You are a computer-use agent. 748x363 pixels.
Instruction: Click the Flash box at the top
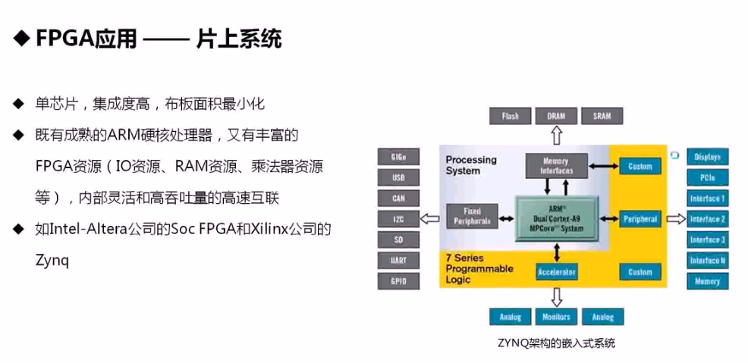pos(511,116)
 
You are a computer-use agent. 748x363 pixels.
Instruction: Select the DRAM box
pos(555,116)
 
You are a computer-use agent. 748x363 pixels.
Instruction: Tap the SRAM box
pos(602,116)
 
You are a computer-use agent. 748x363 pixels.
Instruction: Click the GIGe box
pos(398,158)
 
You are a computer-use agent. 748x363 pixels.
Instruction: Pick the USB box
pos(398,178)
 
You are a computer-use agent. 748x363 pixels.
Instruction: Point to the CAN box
pos(398,199)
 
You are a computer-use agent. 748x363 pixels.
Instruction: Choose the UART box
pos(398,260)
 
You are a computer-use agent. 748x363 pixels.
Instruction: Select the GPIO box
pos(398,280)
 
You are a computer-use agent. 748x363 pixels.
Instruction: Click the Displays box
pos(708,158)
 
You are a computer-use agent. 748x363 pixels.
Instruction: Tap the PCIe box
pos(708,178)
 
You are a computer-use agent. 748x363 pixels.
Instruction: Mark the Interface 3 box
pos(708,240)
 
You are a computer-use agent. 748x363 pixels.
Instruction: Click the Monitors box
pos(557,317)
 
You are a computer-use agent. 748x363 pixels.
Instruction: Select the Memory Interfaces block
pos(556,166)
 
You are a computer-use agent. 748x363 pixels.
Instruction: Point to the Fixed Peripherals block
pos(471,216)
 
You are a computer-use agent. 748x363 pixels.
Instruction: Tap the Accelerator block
pos(557,271)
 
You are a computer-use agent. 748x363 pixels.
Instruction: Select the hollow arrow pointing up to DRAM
pos(556,136)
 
